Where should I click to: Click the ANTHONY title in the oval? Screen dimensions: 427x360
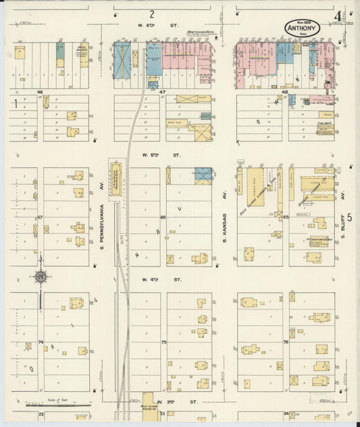click(302, 28)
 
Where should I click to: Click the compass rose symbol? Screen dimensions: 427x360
click(41, 276)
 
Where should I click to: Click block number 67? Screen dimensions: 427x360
click(40, 217)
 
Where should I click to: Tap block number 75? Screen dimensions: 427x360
click(163, 343)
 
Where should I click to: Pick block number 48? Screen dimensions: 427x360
click(285, 92)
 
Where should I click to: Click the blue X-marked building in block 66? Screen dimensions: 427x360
click(203, 175)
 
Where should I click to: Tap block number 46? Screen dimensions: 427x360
click(40, 91)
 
